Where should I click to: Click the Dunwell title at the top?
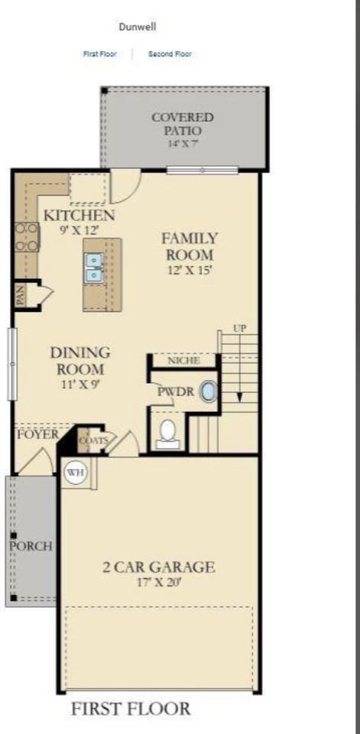pyautogui.click(x=138, y=27)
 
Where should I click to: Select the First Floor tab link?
pyautogui.click(x=100, y=54)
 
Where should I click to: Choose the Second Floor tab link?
pyautogui.click(x=170, y=54)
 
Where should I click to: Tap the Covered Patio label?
pyautogui.click(x=182, y=124)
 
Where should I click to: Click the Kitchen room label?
pyautogui.click(x=79, y=215)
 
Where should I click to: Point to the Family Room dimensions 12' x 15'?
pyautogui.click(x=190, y=270)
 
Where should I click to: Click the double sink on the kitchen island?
pyautogui.click(x=94, y=268)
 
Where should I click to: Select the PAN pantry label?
pyautogui.click(x=21, y=294)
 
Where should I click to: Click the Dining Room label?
pyautogui.click(x=80, y=360)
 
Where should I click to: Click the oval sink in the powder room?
pyautogui.click(x=209, y=392)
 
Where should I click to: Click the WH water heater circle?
pyautogui.click(x=75, y=473)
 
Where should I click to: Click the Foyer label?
pyautogui.click(x=37, y=434)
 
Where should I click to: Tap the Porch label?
pyautogui.click(x=31, y=547)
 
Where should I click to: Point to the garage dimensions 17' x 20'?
pyautogui.click(x=159, y=583)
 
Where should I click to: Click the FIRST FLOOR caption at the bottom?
pyautogui.click(x=131, y=709)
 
